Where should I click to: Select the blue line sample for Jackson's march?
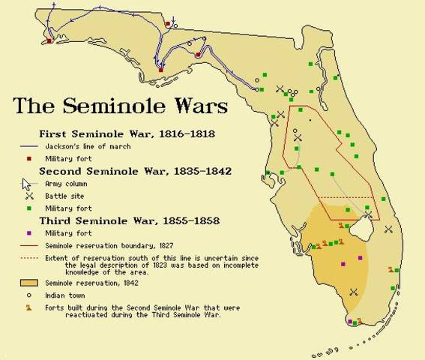point(29,146)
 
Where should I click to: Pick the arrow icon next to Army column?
point(28,184)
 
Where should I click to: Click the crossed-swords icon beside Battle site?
point(29,195)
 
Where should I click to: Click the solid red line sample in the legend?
point(29,244)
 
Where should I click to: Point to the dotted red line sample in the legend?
point(29,257)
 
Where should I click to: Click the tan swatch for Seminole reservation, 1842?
point(29,283)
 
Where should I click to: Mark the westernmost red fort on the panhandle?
point(49,41)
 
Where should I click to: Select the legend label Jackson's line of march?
point(83,146)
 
